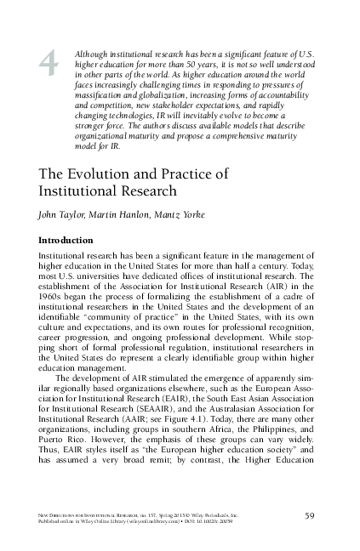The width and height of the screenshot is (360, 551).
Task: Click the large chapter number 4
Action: [50, 61]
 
